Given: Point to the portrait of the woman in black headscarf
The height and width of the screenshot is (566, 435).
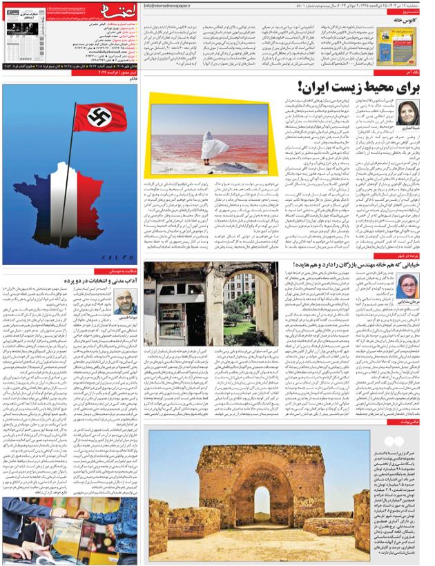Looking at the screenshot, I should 408,113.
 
